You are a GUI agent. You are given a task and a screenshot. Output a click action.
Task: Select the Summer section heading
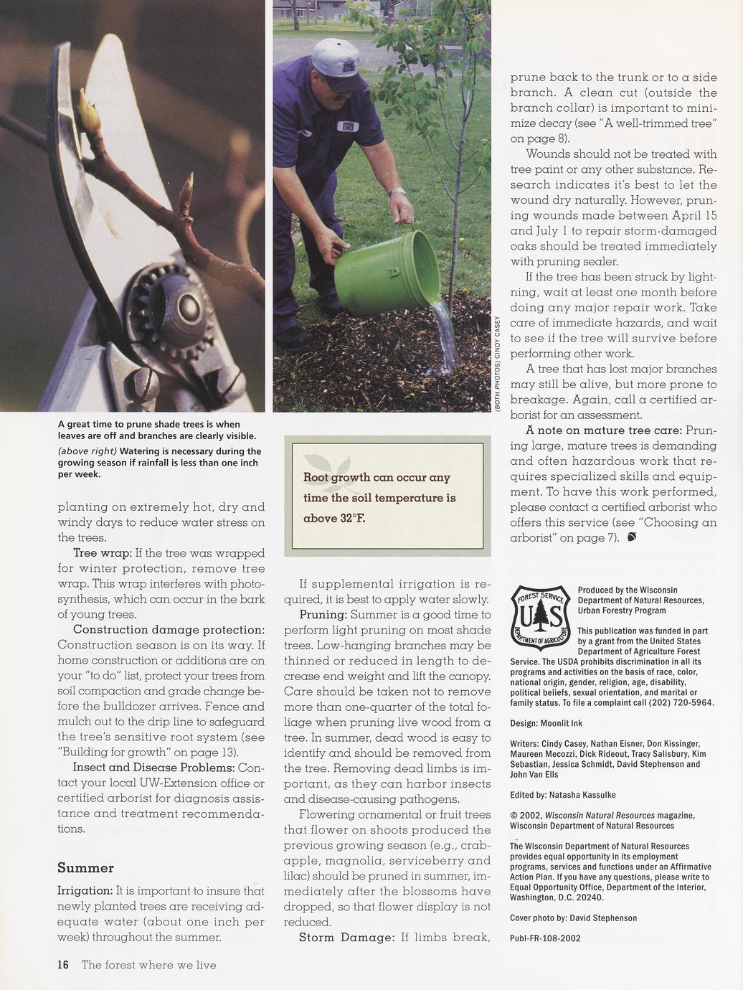pyautogui.click(x=85, y=868)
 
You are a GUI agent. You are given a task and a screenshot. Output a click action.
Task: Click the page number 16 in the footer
pyautogui.click(x=63, y=965)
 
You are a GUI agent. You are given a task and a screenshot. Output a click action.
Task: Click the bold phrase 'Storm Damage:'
pyautogui.click(x=346, y=937)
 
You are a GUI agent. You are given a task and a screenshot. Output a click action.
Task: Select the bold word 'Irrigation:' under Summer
pyautogui.click(x=85, y=891)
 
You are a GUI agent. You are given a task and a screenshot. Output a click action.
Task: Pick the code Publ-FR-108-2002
pyautogui.click(x=545, y=938)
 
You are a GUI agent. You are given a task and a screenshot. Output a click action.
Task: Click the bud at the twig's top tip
pyautogui.click(x=87, y=108)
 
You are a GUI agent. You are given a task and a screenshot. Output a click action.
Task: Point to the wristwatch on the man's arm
pyautogui.click(x=397, y=192)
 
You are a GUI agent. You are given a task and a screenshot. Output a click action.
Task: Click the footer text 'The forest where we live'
pyautogui.click(x=148, y=965)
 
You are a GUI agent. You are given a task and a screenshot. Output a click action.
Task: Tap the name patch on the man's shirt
pyautogui.click(x=349, y=126)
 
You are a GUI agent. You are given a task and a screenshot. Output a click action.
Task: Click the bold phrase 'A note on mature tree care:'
pyautogui.click(x=604, y=430)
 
